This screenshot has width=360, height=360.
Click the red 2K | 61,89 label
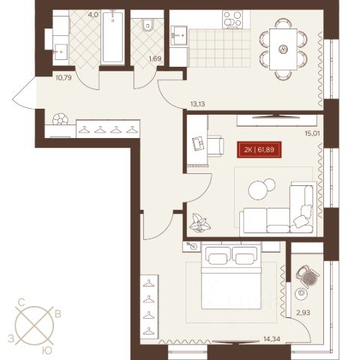pyautogui.click(x=259, y=150)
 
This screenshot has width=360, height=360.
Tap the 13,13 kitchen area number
pyautogui.click(x=197, y=104)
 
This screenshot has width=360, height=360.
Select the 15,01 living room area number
pyautogui.click(x=312, y=133)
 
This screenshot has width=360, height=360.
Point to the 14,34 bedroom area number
pyautogui.click(x=272, y=339)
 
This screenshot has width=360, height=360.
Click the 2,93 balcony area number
pyautogui.click(x=303, y=313)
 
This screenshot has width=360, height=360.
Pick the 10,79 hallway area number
pyautogui.click(x=64, y=78)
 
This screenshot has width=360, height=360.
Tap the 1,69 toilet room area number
pyautogui.click(x=155, y=59)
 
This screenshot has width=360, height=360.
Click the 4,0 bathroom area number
pyautogui.click(x=93, y=14)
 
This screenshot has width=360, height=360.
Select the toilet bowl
pyautogui.click(x=148, y=25)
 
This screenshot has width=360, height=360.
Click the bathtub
pyautogui.click(x=113, y=37)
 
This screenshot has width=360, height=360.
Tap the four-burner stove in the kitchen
pyautogui.click(x=232, y=19)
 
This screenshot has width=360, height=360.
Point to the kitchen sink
pyautogui.click(x=178, y=36)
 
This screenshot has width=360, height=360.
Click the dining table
pyautogui.click(x=283, y=49)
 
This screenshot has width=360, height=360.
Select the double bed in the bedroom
pyautogui.click(x=231, y=277)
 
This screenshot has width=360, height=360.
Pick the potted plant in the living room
pyautogui.click(x=199, y=223)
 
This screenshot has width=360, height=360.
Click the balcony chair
pyautogui.click(x=307, y=276)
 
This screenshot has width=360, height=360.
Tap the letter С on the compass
pyautogui.click(x=22, y=303)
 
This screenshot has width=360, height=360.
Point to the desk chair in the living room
pyautogui.click(x=215, y=146)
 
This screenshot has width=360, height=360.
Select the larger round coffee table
pyautogui.click(x=258, y=190)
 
